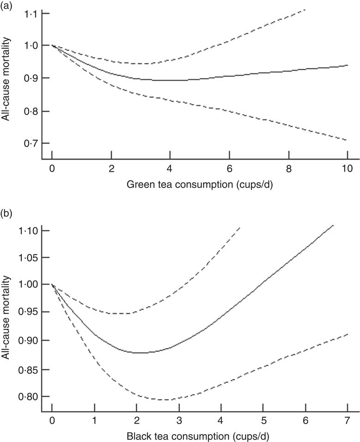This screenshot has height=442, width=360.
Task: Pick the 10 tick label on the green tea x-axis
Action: point(347,168)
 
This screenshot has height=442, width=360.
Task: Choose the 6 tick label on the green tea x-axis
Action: point(229,168)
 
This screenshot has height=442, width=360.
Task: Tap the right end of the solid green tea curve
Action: point(347,66)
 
